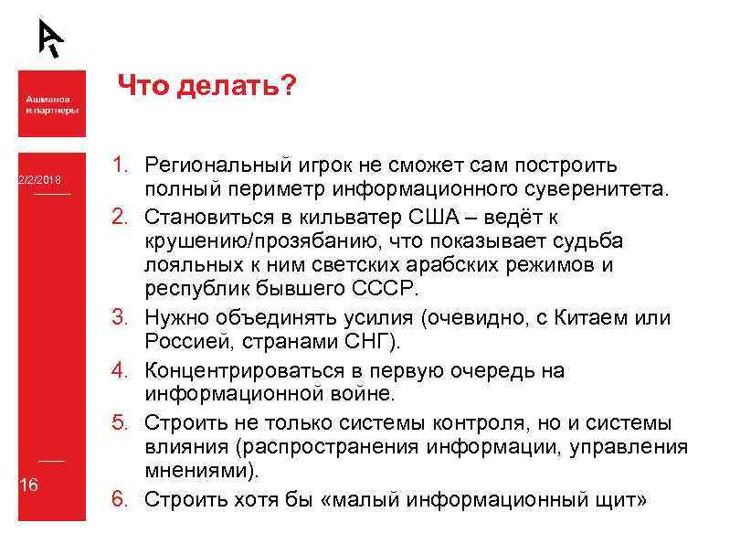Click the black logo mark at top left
51,37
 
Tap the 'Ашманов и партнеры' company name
51,104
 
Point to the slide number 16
29,485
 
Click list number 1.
121,165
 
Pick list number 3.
121,318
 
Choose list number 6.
121,499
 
